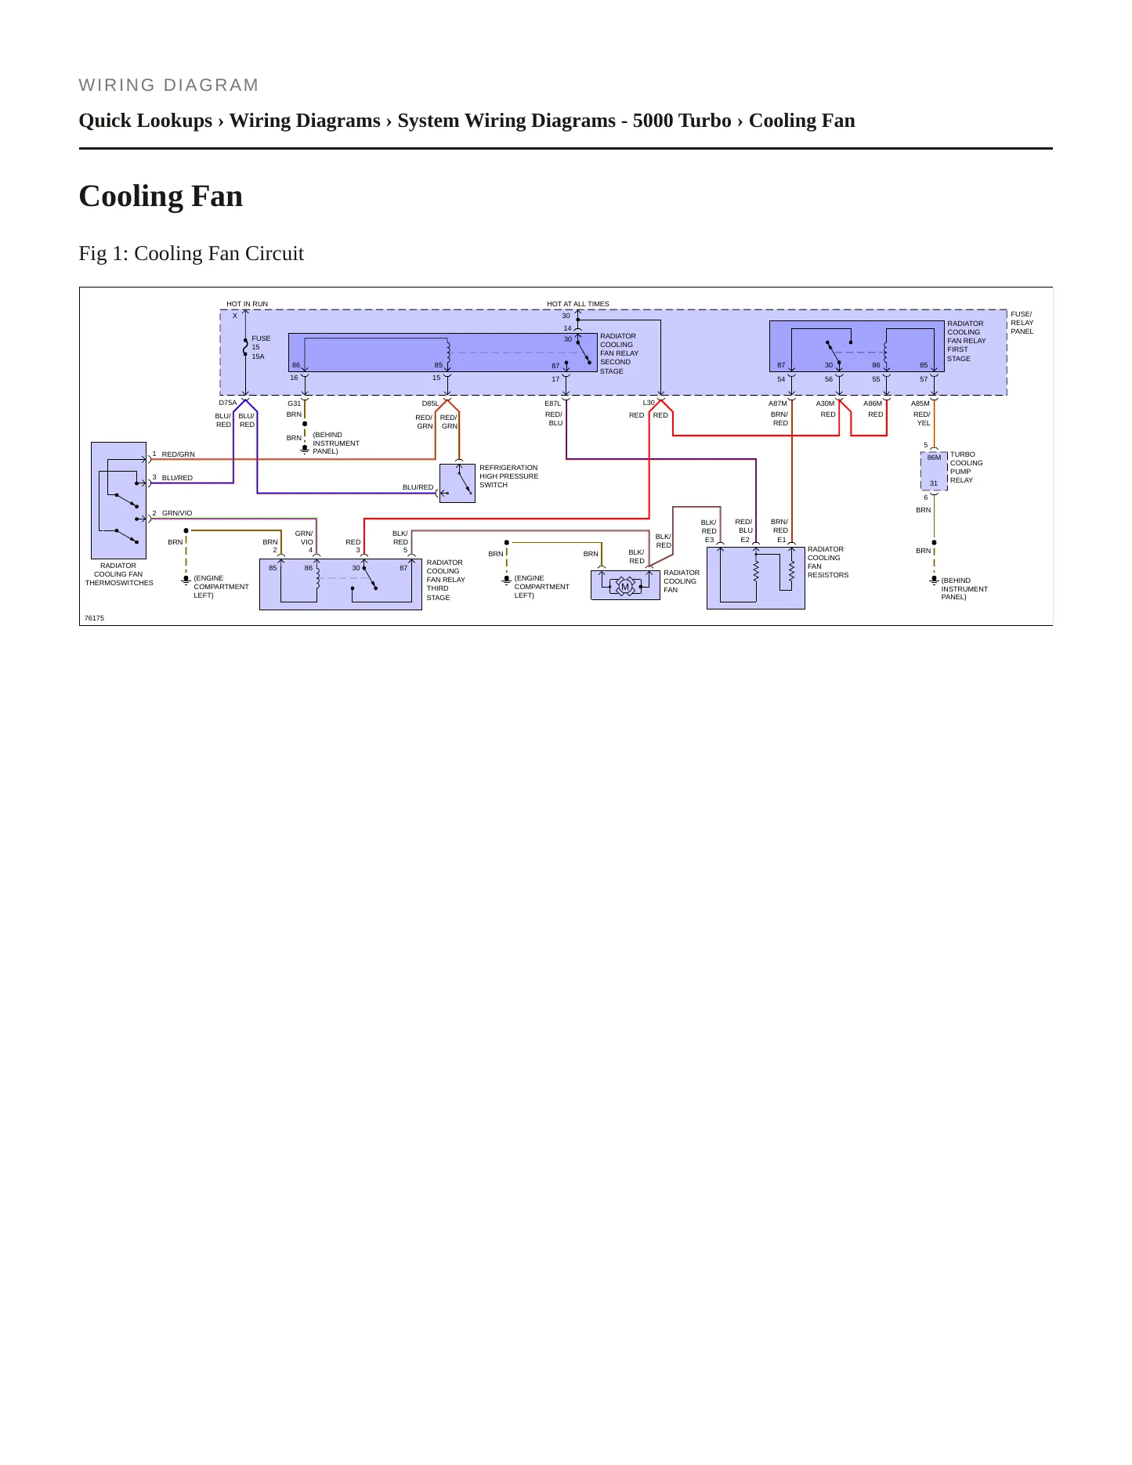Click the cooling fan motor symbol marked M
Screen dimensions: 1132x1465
[x=625, y=587]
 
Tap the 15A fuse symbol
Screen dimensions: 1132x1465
[x=245, y=347]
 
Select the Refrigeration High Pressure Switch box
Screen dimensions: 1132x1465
[x=458, y=483]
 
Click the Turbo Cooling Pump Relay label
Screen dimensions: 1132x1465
[x=966, y=467]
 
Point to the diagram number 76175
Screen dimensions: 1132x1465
[x=94, y=618]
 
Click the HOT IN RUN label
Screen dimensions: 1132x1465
[x=247, y=304]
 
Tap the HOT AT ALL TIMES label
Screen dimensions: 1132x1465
[x=577, y=304]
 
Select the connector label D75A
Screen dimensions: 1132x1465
[x=227, y=403]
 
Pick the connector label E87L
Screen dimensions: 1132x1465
[x=553, y=403]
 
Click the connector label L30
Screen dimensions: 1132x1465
[x=649, y=403]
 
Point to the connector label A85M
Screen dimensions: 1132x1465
[x=920, y=403]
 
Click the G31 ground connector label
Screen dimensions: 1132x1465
[x=294, y=403]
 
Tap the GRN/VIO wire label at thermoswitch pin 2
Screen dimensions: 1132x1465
[x=177, y=513]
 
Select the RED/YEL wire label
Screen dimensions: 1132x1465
[x=922, y=418]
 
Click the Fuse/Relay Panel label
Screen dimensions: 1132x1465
[x=1022, y=323]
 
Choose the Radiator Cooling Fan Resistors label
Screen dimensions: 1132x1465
[x=828, y=562]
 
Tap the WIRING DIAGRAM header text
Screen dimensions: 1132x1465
[x=168, y=85]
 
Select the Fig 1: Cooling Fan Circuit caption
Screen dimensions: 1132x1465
[x=191, y=253]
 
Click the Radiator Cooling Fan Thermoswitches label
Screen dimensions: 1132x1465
[x=119, y=574]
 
